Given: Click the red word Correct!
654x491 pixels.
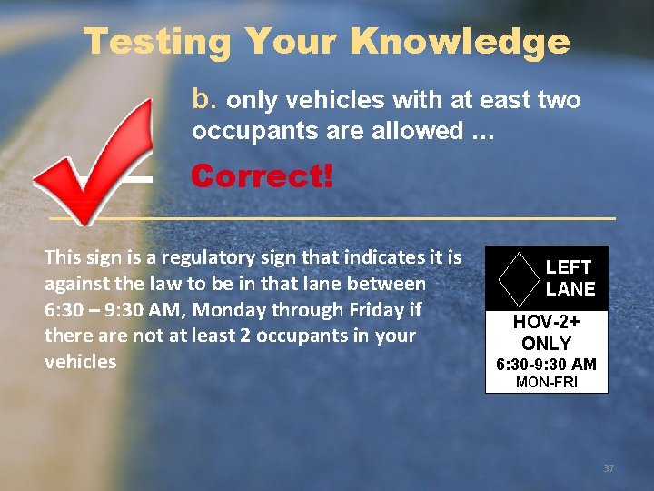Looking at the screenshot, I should tap(262, 176).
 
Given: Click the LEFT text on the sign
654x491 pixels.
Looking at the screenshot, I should tap(569, 267).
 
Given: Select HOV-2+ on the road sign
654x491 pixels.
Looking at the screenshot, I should tap(547, 322).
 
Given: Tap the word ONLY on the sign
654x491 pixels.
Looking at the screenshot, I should tap(547, 344).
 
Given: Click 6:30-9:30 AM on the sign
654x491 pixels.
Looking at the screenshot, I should tap(546, 365).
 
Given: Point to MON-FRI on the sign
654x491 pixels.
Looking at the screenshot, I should tap(547, 383).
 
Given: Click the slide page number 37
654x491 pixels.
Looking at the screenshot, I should tap(609, 468).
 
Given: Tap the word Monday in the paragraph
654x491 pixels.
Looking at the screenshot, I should tap(250, 310).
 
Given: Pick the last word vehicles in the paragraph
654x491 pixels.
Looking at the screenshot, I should tap(81, 362).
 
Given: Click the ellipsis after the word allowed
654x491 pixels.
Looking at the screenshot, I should tap(483, 132).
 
